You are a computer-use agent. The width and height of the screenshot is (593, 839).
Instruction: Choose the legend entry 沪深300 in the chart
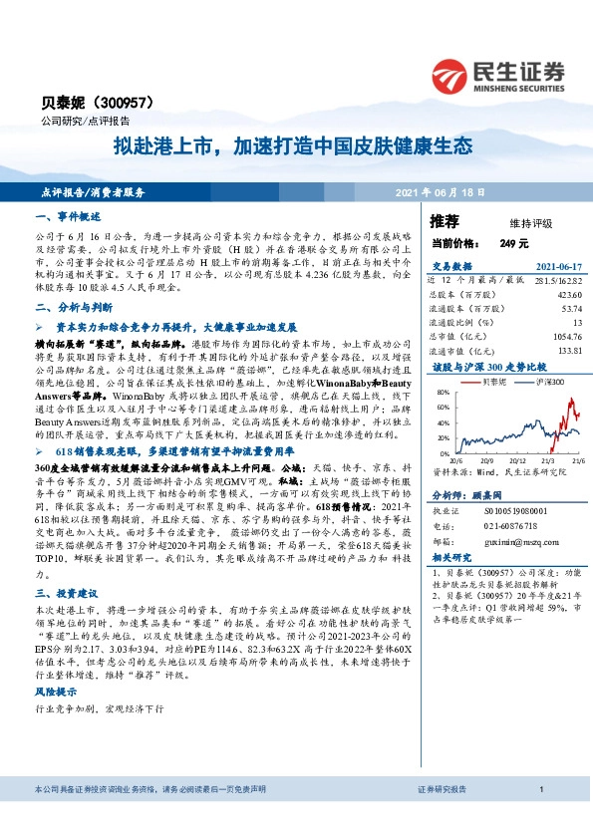click(546, 382)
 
